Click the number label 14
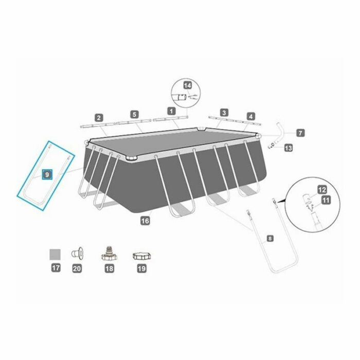pos(187,84)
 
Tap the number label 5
pos(134,114)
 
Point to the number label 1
pos(171,110)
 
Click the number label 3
pos(224,112)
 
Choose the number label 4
pos(250,116)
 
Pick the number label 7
pos(300,132)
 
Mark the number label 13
pos(288,148)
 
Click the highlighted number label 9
pos(47,174)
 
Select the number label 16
pos(145,220)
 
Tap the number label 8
pos(271,238)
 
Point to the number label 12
pos(322,190)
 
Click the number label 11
pos(326,200)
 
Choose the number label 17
pos(55,268)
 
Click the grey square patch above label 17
pos(55,254)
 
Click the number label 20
pos(77,268)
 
